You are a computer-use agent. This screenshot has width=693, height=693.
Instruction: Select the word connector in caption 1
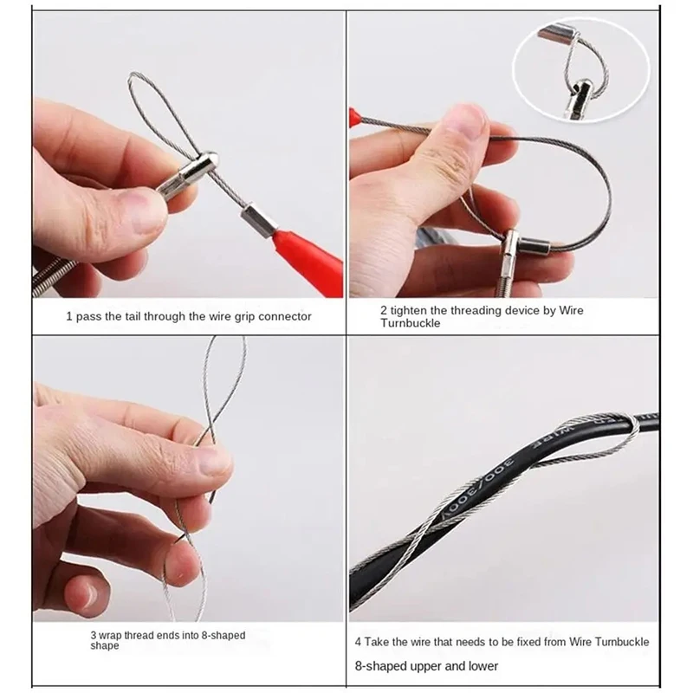[x=284, y=317]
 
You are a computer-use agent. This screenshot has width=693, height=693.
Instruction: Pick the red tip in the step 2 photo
[x=353, y=115]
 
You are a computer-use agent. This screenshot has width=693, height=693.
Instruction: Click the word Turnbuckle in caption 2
[x=411, y=323]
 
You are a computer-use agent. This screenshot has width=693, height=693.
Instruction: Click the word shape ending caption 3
[x=104, y=646]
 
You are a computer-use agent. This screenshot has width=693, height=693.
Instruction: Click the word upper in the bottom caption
[x=432, y=666]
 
